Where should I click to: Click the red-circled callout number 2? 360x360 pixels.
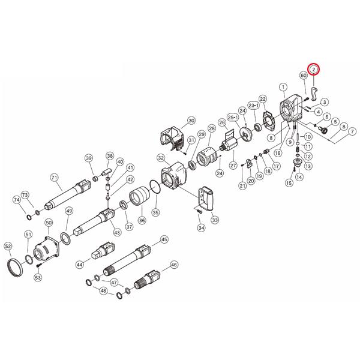pyautogui.click(x=314, y=69)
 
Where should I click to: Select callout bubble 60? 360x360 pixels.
pyautogui.click(x=304, y=76)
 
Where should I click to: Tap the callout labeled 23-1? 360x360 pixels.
pyautogui.click(x=253, y=106)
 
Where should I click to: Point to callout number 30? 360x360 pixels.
pyautogui.click(x=191, y=121)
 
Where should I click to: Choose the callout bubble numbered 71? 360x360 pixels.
pyautogui.click(x=54, y=178)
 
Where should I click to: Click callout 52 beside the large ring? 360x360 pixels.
pyautogui.click(x=8, y=247)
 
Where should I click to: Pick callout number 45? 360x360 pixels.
pyautogui.click(x=164, y=239)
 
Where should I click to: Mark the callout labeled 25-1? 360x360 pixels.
pyautogui.click(x=233, y=118)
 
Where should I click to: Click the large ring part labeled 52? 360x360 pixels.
pyautogui.click(x=15, y=268)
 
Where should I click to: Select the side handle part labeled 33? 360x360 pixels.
pyautogui.click(x=206, y=198)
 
